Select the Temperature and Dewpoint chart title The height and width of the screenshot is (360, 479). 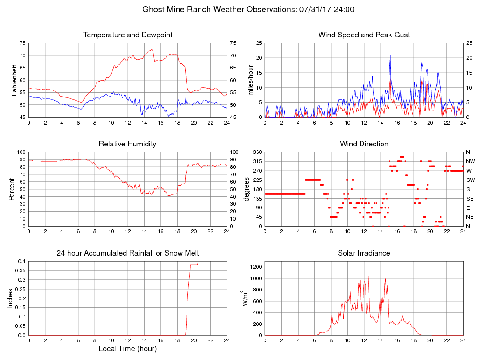(x=128, y=35)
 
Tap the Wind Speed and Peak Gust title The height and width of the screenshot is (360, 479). (x=364, y=35)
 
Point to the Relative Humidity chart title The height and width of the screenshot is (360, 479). (x=127, y=144)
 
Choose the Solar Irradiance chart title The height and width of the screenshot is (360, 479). (x=364, y=253)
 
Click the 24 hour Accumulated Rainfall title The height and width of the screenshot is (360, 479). (x=128, y=253)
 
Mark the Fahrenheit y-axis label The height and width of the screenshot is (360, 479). (x=14, y=80)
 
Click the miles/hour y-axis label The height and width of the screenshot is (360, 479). (x=250, y=80)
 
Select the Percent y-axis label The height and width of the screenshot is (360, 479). (x=12, y=189)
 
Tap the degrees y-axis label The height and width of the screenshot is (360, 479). (x=248, y=189)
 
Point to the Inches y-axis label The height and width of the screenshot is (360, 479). (x=11, y=298)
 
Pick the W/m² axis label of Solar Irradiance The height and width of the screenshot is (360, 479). (x=245, y=298)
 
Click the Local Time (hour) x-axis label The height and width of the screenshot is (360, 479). (x=128, y=349)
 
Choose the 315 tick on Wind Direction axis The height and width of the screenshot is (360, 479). (x=257, y=161)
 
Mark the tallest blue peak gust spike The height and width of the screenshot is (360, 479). (x=390, y=55)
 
